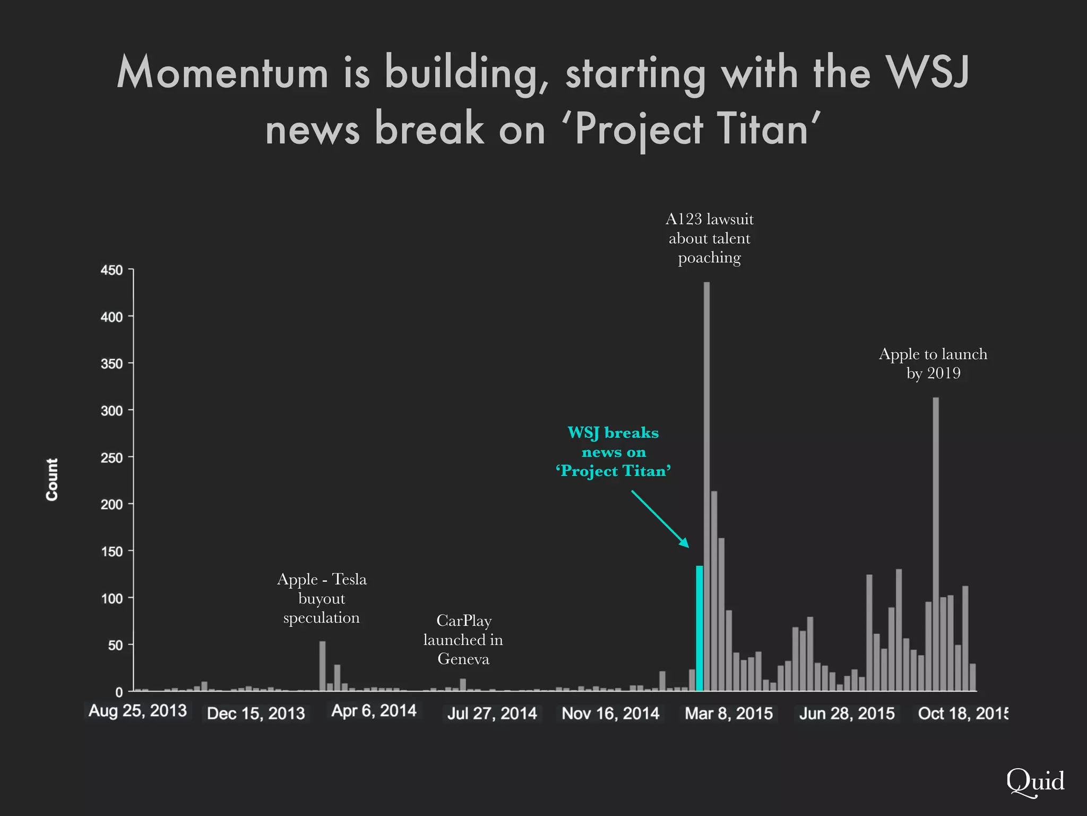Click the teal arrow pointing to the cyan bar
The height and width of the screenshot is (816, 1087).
tap(660, 518)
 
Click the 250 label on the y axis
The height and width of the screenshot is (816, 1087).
tap(111, 458)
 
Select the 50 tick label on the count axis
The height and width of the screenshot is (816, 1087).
tap(115, 645)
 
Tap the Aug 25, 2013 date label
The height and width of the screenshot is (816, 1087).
tap(137, 711)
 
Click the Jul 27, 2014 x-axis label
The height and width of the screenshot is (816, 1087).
tap(492, 713)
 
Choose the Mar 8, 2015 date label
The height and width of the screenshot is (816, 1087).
tap(729, 713)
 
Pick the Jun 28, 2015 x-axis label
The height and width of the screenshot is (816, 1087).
tap(847, 713)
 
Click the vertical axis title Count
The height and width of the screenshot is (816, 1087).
tap(51, 479)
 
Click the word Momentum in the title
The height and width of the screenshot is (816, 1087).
tap(222, 73)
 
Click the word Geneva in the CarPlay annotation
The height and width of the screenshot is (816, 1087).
tap(463, 659)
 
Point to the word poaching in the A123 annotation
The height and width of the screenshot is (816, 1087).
tap(709, 258)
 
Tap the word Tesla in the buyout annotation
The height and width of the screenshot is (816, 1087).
tap(349, 579)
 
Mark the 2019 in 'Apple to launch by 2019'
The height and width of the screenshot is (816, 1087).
tap(944, 373)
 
